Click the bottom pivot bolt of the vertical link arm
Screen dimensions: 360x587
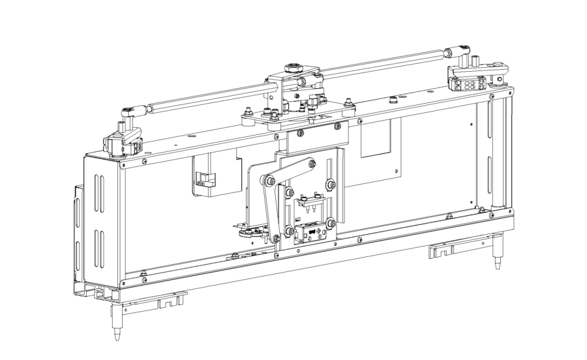click(x=277, y=235)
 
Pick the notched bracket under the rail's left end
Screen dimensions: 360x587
click(x=168, y=301)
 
